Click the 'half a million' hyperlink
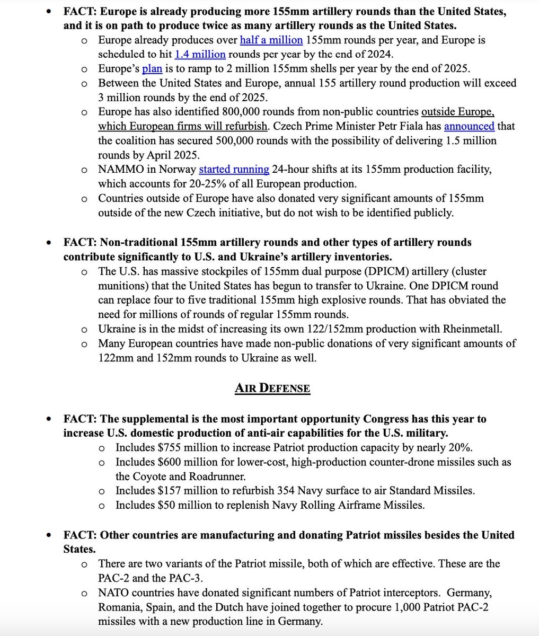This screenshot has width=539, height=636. [x=271, y=40]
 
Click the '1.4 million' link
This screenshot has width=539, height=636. [x=200, y=54]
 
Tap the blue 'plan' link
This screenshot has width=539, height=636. [x=152, y=68]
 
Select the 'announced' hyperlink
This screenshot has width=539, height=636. [x=469, y=126]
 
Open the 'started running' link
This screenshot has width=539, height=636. [x=234, y=169]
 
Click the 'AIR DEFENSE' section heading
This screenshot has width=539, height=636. [x=272, y=388]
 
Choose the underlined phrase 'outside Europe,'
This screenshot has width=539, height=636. [x=458, y=112]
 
